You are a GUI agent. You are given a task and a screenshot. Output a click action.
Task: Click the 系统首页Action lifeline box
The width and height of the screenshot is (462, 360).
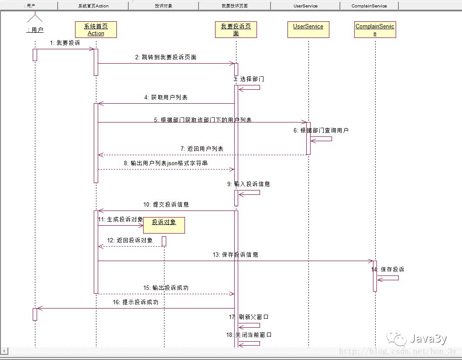coord(96,30)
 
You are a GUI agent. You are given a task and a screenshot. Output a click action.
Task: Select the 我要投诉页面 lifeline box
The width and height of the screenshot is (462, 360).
coord(236,30)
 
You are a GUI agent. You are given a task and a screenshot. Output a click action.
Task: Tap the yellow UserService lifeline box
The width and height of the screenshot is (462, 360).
coord(308,29)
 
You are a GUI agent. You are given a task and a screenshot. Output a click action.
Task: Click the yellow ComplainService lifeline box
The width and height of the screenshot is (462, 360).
coord(375,30)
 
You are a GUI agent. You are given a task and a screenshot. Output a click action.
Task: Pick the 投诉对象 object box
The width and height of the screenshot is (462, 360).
coord(164,225)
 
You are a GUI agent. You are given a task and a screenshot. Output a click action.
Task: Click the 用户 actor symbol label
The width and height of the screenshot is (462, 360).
coord(35,30)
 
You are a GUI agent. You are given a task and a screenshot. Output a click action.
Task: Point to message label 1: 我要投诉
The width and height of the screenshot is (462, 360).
coord(65,43)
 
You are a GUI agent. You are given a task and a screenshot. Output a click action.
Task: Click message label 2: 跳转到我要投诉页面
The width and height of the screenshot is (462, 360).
coord(166,57)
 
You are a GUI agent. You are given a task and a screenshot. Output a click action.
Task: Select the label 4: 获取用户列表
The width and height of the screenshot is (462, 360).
coord(166,98)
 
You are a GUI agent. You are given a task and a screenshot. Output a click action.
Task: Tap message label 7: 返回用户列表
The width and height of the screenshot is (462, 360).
coord(202,149)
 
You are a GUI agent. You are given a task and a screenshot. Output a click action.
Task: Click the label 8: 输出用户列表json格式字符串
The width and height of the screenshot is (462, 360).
coord(166,163)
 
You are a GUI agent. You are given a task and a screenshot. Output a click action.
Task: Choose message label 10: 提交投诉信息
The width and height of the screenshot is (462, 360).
coord(166,204)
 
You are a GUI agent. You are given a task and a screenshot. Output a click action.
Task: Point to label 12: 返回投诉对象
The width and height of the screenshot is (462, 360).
coord(130,240)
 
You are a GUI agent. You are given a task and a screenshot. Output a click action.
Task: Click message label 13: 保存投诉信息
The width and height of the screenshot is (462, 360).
coord(236,255)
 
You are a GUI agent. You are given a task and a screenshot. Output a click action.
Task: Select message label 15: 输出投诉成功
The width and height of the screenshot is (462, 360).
coord(166,288)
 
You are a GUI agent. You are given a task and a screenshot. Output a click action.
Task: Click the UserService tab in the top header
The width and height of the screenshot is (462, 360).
coord(305,6)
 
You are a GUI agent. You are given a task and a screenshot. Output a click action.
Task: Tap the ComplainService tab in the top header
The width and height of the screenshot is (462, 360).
coord(369,6)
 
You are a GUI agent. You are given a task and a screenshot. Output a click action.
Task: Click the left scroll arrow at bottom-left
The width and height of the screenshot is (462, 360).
coord(4,351)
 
